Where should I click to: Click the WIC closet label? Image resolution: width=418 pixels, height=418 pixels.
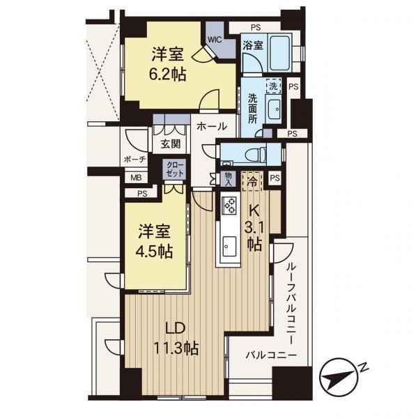coord(215,40)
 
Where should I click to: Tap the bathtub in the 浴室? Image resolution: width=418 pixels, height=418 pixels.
coord(280,52)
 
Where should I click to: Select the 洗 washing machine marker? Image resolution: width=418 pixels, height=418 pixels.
coord(274,86)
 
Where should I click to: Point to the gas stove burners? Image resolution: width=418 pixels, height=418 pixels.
coord(229,205)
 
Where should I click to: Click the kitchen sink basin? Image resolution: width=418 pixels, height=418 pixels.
coord(229,246)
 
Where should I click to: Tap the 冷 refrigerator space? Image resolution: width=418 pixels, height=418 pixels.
coord(252,182)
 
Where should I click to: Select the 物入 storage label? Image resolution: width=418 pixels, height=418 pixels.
coord(229,179)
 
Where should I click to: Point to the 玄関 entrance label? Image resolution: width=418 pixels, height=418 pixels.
coord(171,144)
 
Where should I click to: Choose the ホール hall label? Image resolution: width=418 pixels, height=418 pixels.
coord(212,126)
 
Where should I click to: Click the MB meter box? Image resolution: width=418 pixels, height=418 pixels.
coord(136,178)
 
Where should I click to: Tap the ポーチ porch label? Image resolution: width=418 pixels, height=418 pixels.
coord(135,160)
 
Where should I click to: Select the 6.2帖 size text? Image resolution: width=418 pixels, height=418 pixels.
coord(167,75)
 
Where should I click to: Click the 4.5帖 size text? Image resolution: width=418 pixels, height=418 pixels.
coord(155,251)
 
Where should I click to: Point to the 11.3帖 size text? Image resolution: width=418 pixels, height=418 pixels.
coord(176,348)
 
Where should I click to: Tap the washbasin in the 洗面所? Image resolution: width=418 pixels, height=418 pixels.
coord(274,109)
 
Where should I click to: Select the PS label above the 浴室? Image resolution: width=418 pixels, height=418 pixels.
coord(256,27)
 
